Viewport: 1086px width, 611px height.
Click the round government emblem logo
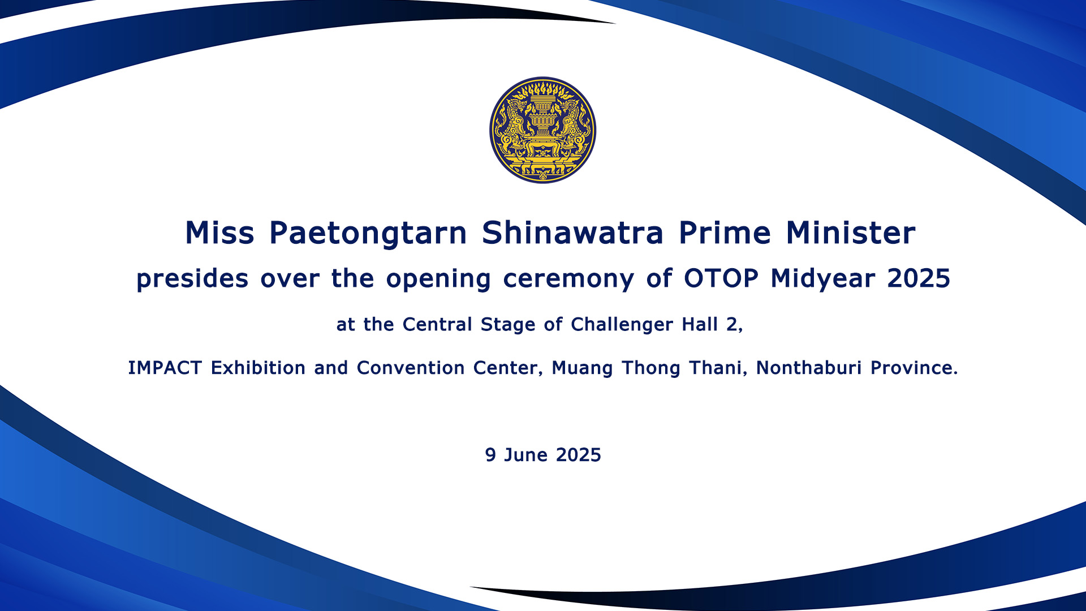542,130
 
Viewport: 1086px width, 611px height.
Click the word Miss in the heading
220,233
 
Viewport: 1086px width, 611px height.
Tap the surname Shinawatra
572,233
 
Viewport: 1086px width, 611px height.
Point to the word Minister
851,233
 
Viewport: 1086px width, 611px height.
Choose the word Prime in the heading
725,233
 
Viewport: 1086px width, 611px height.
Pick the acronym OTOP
721,278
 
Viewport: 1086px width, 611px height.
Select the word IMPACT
165,368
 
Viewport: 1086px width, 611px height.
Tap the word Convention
411,368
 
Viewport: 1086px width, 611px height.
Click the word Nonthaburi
809,368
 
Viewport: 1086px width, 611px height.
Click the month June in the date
525,455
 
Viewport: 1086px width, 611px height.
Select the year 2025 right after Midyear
919,278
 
